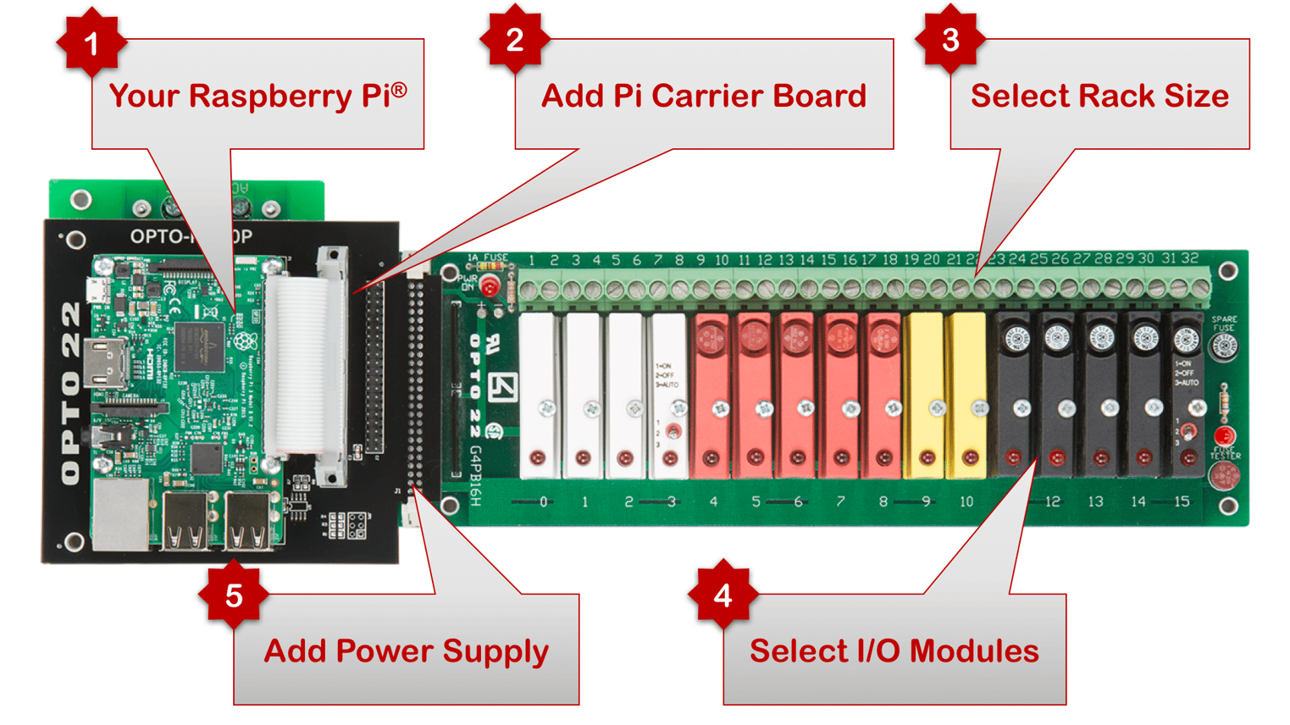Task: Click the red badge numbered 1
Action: coord(91,42)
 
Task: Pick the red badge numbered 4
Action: coord(723,596)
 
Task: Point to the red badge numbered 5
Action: coord(234,596)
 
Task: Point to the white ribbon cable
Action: coord(296,364)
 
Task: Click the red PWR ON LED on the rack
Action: coord(490,287)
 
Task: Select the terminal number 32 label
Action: coord(1190,258)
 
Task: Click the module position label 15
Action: coord(1182,501)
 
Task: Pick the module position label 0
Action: coord(543,501)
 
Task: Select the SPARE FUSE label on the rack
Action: coord(1223,324)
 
